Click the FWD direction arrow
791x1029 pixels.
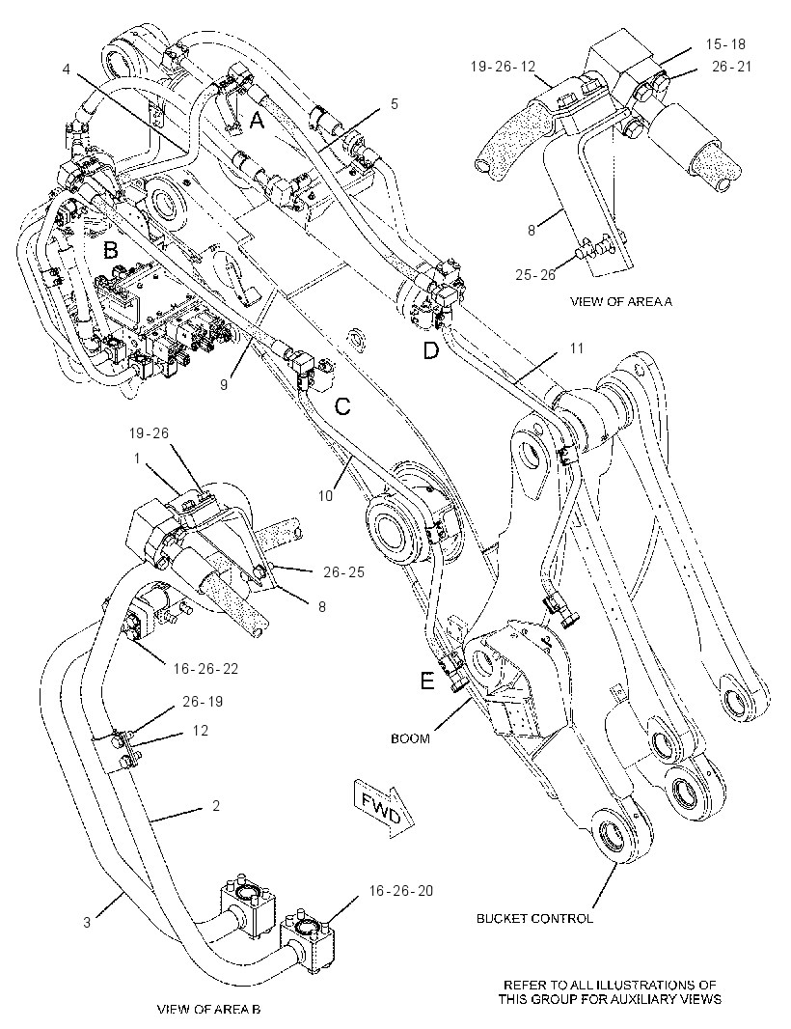click(384, 809)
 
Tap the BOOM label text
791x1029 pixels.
click(410, 738)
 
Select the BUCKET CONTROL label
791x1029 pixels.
click(534, 919)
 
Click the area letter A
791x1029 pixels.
click(258, 120)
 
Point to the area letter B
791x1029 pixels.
click(110, 250)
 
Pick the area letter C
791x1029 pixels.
click(342, 407)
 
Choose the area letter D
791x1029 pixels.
click(430, 351)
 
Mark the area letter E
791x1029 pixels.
click(427, 681)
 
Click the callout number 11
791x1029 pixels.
click(576, 348)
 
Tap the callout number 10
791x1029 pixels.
click(326, 496)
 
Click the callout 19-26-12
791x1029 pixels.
click(504, 67)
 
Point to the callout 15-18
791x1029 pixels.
click(726, 44)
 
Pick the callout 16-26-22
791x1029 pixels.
click(205, 669)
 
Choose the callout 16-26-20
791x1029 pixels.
click(400, 891)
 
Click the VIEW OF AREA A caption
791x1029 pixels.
click(621, 302)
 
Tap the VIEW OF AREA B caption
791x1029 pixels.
click(208, 1009)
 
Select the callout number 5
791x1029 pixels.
click(395, 103)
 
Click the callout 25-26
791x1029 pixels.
click(535, 274)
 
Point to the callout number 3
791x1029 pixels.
click(87, 922)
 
